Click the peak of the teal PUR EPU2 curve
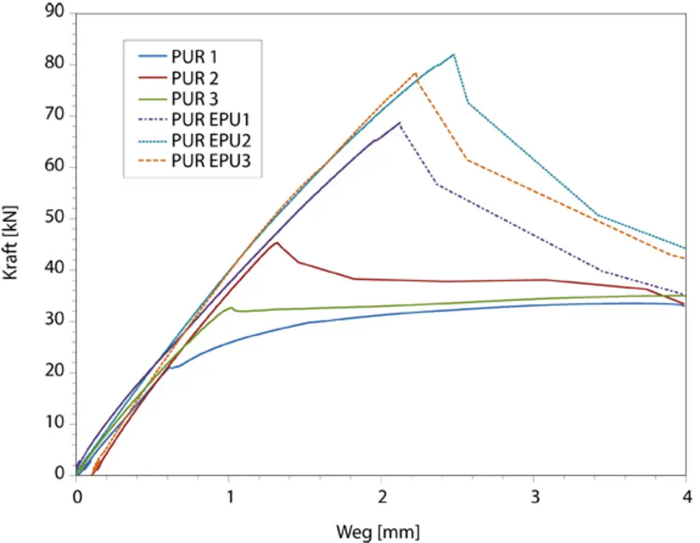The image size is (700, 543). click(454, 55)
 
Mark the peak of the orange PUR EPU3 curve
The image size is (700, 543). click(416, 73)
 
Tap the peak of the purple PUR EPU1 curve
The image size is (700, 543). click(399, 123)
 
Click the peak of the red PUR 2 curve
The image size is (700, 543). click(276, 242)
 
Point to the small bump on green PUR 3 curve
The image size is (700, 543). click(231, 308)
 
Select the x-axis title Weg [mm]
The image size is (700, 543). click(378, 530)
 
